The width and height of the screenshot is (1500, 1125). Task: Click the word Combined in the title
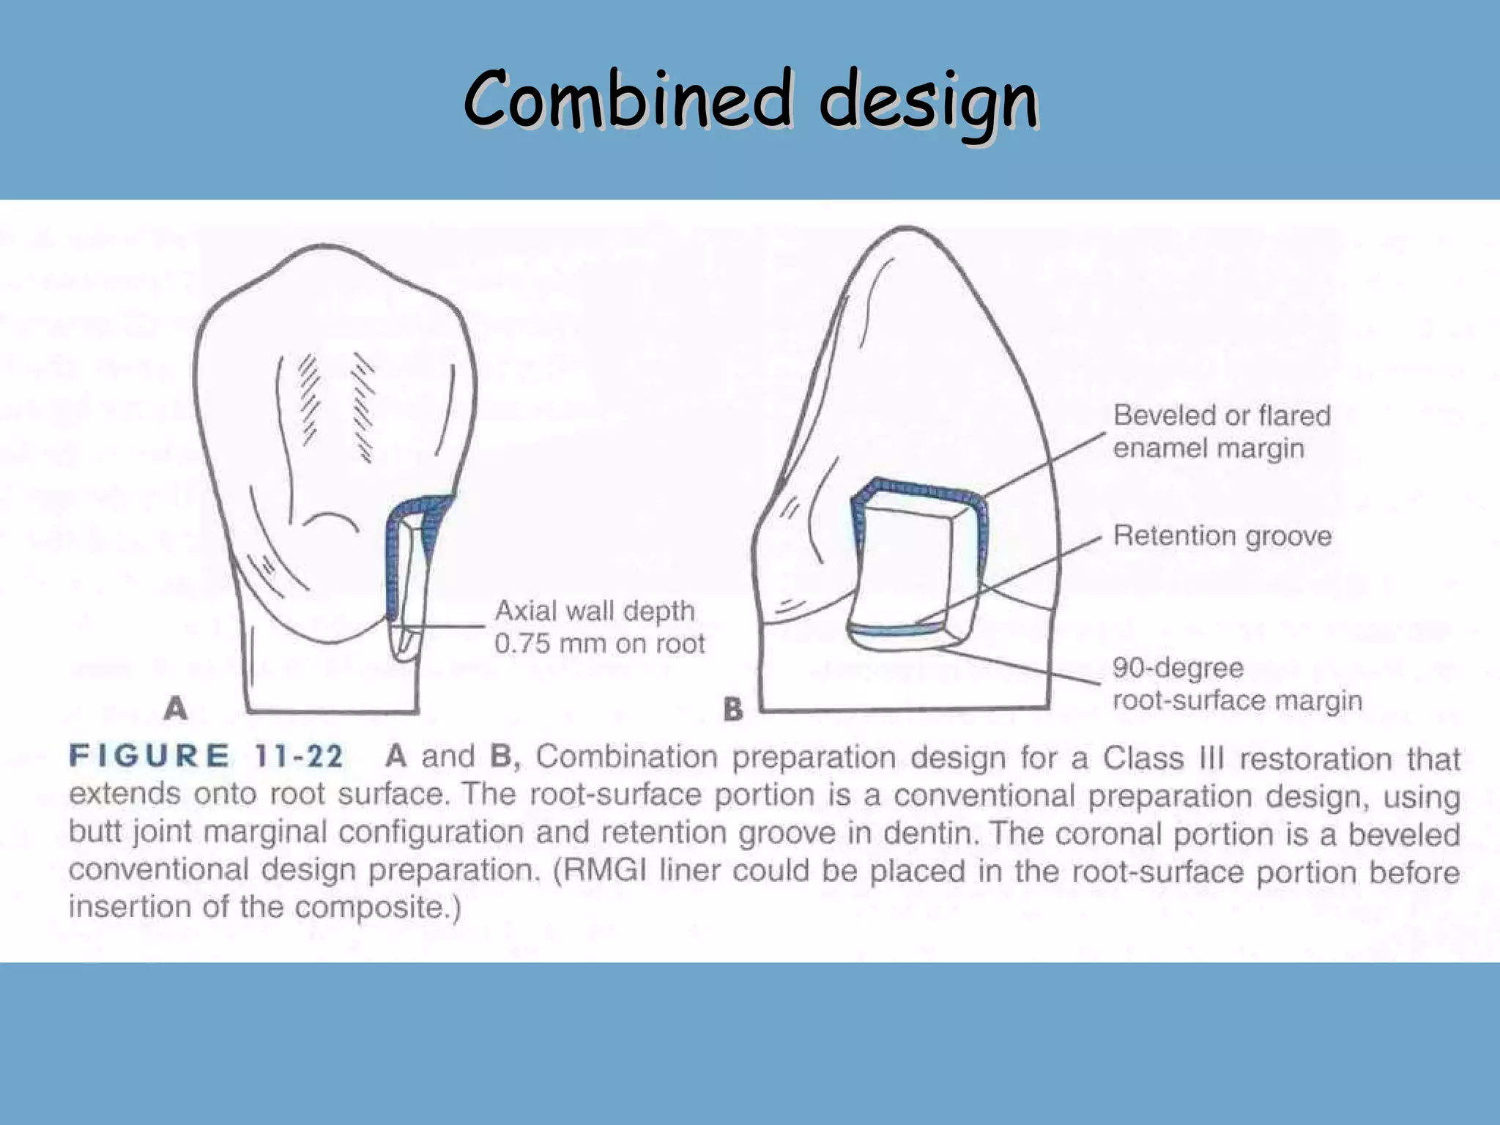pyautogui.click(x=628, y=99)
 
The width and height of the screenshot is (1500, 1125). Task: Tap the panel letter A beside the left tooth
pyautogui.click(x=176, y=708)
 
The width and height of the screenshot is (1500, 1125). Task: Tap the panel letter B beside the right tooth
pyautogui.click(x=733, y=709)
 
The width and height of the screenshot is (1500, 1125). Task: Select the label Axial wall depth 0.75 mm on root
pyautogui.click(x=598, y=627)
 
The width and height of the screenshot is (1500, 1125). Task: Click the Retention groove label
pyautogui.click(x=1222, y=536)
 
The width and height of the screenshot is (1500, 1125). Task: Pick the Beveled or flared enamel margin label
pyautogui.click(x=1221, y=431)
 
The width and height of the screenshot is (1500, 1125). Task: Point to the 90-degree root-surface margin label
pyautogui.click(x=1236, y=684)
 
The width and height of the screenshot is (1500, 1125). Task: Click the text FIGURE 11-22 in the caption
pyautogui.click(x=206, y=756)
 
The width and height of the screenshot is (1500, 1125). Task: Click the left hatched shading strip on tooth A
pyautogui.click(x=311, y=399)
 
